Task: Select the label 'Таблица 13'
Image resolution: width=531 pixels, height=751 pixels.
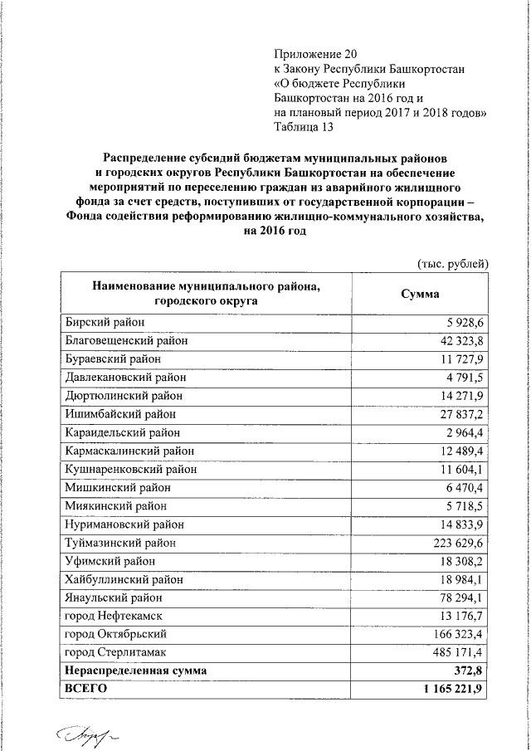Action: pos(304,127)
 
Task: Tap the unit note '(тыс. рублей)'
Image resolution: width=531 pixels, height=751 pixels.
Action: pos(452,263)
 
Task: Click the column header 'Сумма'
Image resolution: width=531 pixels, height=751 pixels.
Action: pos(421,294)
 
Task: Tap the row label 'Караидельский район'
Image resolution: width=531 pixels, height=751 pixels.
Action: pos(122,432)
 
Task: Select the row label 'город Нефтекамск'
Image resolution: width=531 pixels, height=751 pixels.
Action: pos(112,616)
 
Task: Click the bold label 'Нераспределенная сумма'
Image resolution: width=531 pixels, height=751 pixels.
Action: pos(136,671)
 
